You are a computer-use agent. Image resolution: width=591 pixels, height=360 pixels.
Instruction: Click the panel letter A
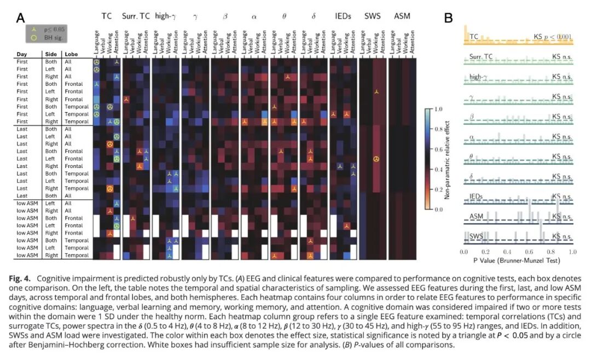(x=21, y=18)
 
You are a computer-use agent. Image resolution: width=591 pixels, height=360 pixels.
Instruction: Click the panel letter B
(x=448, y=18)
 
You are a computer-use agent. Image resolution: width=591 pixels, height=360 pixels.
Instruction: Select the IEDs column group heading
(x=343, y=16)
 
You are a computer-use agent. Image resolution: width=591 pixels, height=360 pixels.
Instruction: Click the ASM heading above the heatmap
(x=402, y=16)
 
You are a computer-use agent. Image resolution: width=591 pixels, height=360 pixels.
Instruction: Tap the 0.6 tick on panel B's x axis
(x=529, y=252)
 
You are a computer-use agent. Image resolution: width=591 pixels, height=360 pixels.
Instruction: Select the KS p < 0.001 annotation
(x=552, y=37)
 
